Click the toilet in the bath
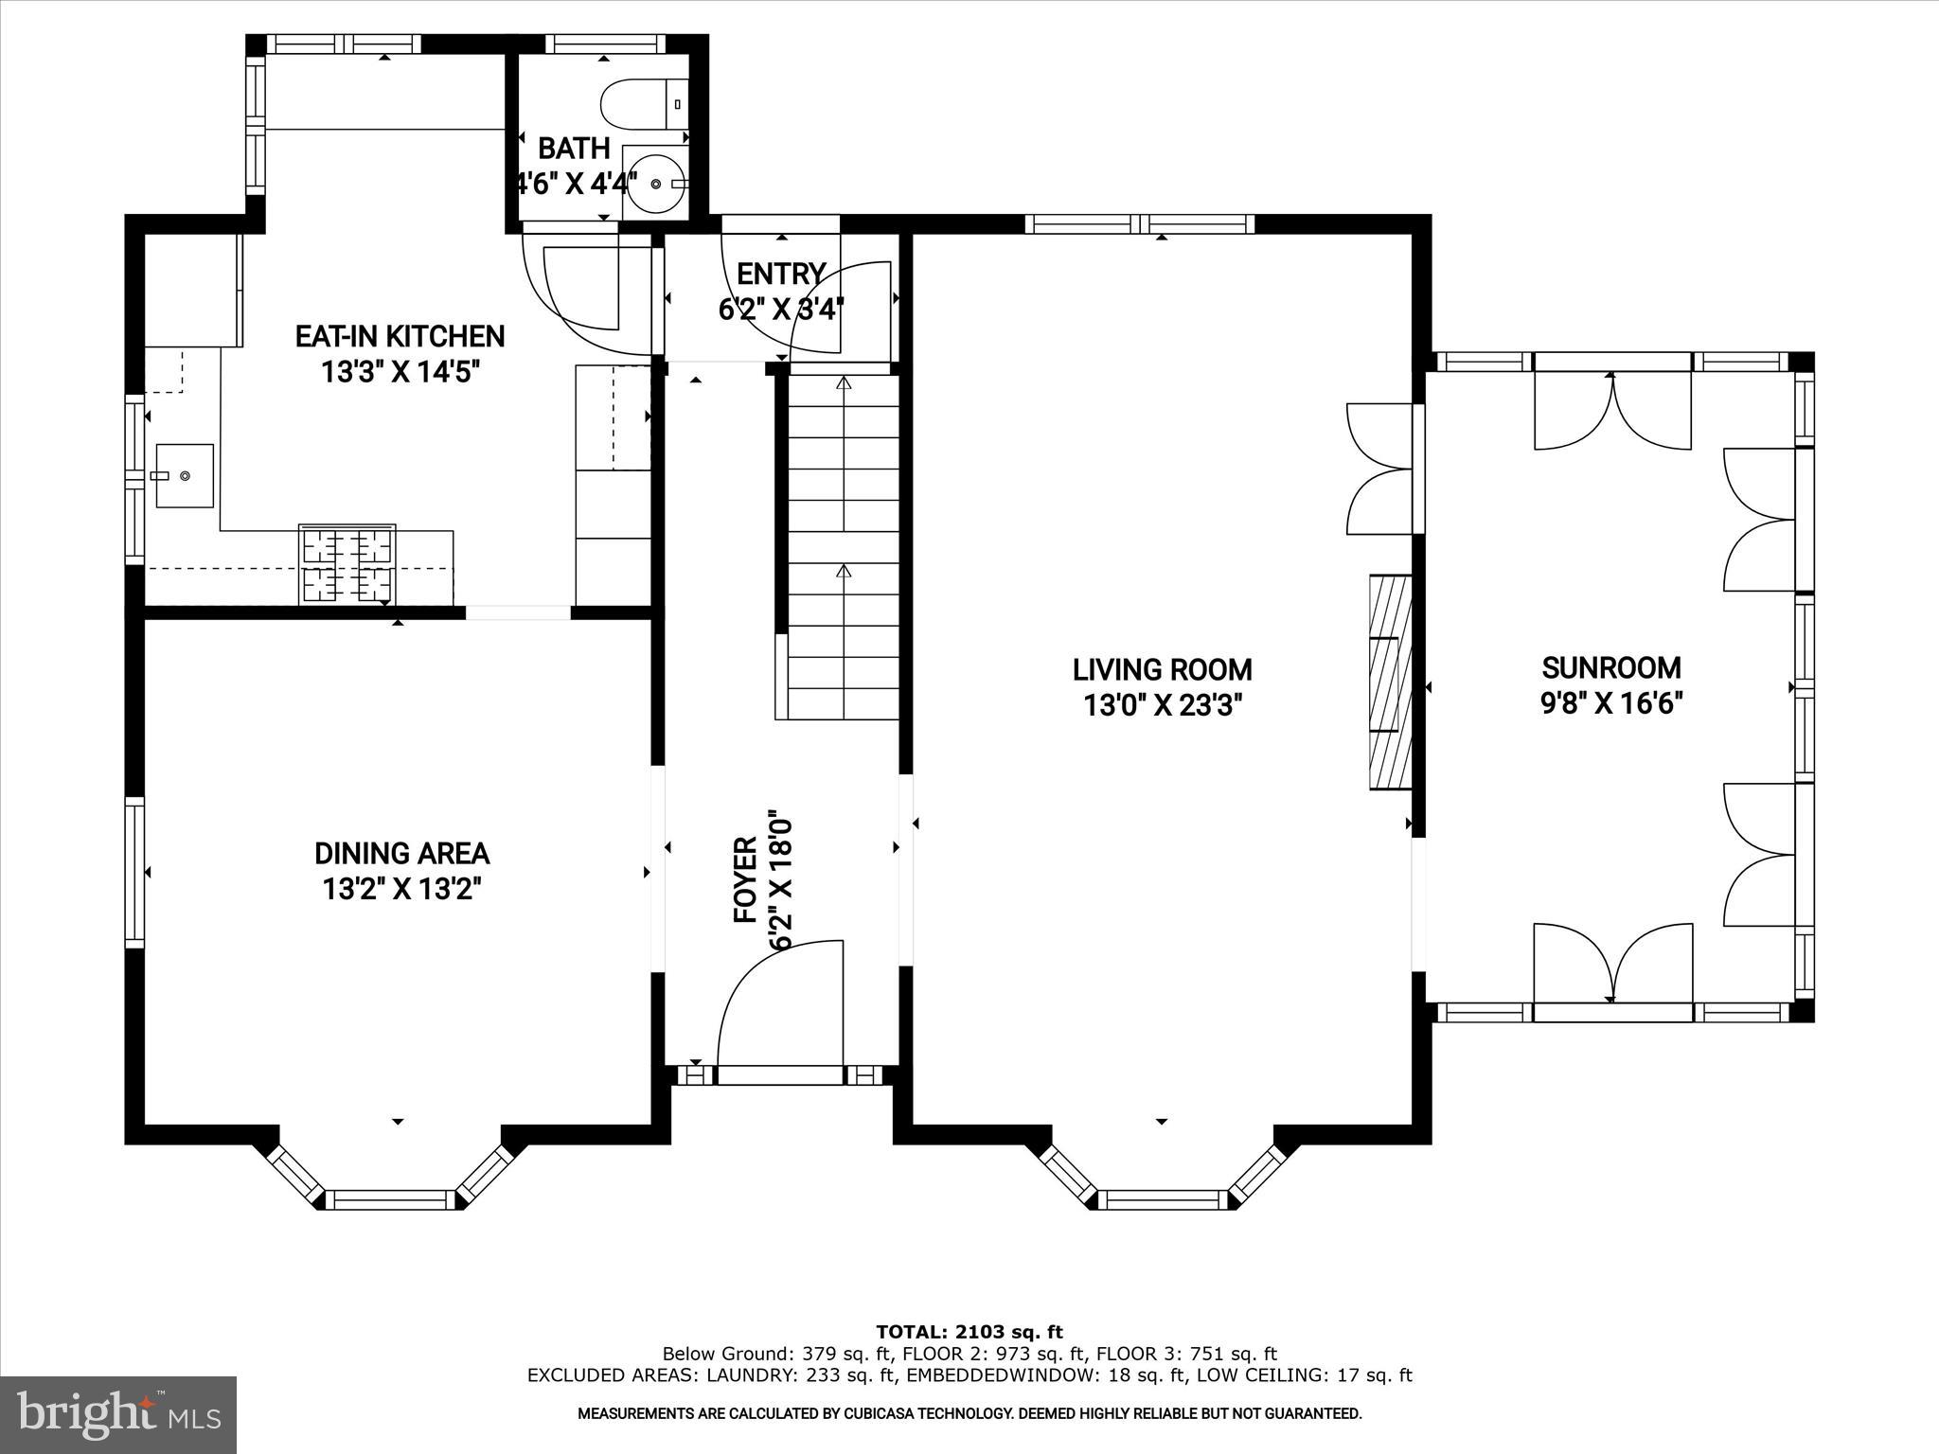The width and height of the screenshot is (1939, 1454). [645, 104]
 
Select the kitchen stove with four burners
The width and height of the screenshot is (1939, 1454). [347, 565]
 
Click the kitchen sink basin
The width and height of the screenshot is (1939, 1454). [185, 475]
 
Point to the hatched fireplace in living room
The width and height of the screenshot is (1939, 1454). [1390, 682]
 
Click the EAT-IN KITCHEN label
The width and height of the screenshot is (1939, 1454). [400, 337]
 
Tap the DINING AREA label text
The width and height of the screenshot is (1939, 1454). [401, 854]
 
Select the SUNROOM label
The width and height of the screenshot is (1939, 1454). [1611, 668]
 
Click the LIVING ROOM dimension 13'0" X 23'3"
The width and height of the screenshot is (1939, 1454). [1162, 706]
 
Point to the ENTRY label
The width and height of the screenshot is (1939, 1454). [780, 275]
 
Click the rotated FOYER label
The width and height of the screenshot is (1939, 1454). [746, 880]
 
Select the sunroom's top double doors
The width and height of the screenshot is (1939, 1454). [1611, 412]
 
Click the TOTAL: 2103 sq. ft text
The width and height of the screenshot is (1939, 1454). [969, 1333]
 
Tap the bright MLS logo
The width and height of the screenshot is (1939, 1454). [118, 1414]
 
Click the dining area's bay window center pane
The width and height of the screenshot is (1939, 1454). [391, 1199]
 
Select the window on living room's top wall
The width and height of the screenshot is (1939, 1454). [1139, 224]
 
